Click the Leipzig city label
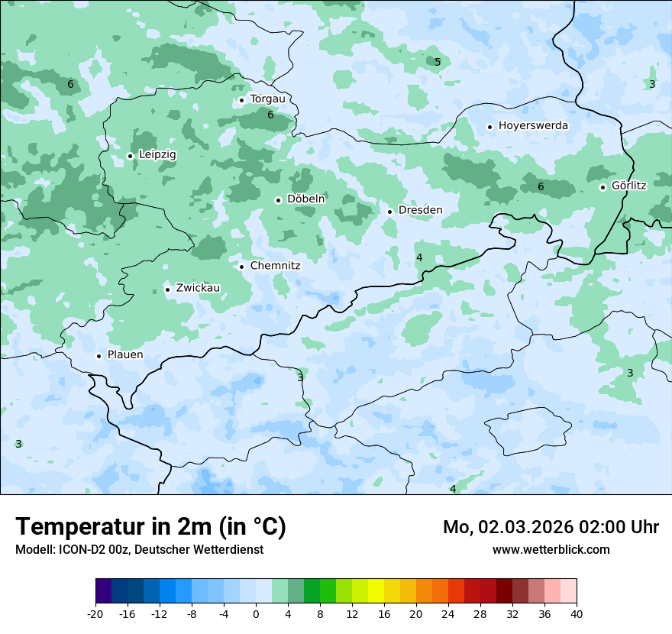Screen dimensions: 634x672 (x=157, y=155)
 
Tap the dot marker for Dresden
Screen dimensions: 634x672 (x=389, y=212)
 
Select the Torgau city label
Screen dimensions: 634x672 (x=267, y=99)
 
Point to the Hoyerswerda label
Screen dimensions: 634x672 (x=533, y=126)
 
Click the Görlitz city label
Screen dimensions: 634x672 (x=629, y=186)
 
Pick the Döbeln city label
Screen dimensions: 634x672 (x=305, y=199)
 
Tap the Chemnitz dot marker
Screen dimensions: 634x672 (x=241, y=267)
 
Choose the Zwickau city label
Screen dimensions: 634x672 (x=198, y=289)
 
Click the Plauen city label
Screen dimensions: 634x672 (x=125, y=355)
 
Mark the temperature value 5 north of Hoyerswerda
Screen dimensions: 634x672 (x=438, y=62)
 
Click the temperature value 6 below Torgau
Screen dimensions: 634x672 (x=270, y=115)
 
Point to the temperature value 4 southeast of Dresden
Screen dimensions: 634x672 (x=419, y=257)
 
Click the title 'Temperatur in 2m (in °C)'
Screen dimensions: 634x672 (x=150, y=527)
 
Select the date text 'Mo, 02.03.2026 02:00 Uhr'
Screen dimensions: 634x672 (x=551, y=527)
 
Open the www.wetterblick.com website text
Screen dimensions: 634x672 (x=551, y=549)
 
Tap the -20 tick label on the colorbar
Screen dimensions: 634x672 (x=95, y=613)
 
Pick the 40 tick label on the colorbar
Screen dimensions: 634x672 (x=576, y=613)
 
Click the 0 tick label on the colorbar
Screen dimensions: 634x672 (x=256, y=613)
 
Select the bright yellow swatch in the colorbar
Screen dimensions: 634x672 (x=376, y=591)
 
